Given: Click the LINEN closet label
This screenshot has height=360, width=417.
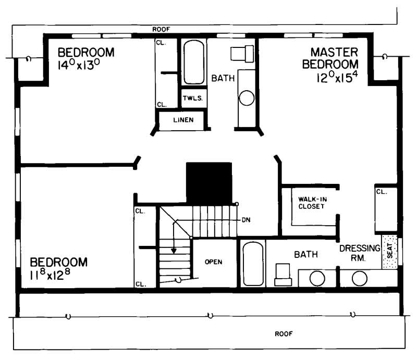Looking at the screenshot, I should pos(183,120).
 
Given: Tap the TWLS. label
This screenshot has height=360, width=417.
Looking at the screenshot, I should pos(191,97).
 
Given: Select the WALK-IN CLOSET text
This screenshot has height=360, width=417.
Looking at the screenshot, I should pos(311,203).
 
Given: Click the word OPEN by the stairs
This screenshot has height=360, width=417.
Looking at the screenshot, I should pos(214,262).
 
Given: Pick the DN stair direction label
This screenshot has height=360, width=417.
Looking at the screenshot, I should pos(247,220).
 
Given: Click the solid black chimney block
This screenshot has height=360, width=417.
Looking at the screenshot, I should pos(209,183).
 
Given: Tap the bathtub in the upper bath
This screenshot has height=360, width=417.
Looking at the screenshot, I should pos(194,62).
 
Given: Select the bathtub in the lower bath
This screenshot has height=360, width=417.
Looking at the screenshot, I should pos(253,264).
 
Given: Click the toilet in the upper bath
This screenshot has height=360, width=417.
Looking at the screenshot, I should pos(241,53).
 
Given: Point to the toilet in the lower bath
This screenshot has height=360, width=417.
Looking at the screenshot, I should pos(283,274).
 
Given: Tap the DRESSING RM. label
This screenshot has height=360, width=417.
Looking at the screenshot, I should pos(360,253).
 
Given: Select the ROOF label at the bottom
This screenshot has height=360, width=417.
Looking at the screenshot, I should pos(284,333).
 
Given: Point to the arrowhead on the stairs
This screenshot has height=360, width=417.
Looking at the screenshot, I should pos(174,251).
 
